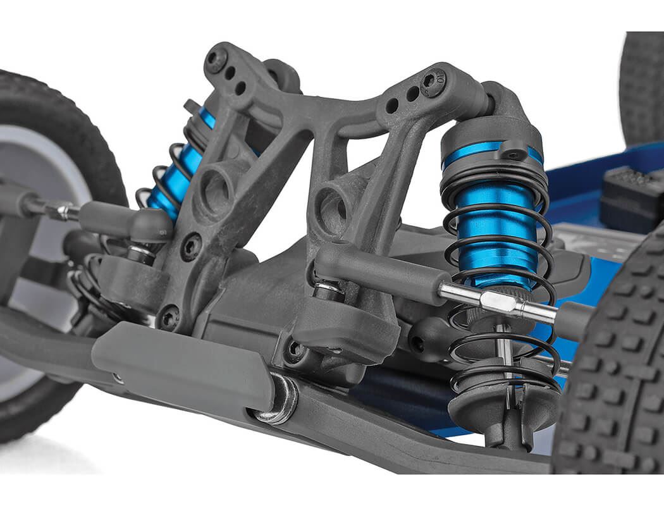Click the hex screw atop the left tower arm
point(217,60)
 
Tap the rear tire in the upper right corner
point(642,89)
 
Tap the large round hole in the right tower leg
point(332,209)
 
